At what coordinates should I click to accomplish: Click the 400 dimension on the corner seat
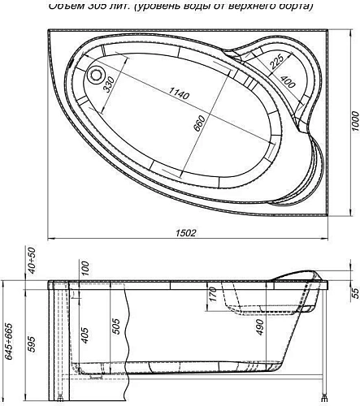tap(286, 82)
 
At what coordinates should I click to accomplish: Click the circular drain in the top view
tap(98, 77)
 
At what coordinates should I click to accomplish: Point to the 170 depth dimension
tap(212, 294)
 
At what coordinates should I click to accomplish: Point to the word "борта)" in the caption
tap(293, 6)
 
